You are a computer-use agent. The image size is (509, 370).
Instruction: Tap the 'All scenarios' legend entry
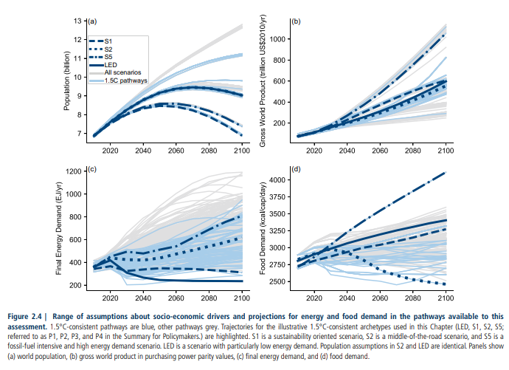(x=126, y=72)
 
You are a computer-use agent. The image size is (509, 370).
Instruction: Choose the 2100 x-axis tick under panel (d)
(x=446, y=297)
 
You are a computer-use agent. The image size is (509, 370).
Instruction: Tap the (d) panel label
(x=297, y=171)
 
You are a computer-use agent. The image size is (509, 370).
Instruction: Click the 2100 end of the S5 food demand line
(x=446, y=173)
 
